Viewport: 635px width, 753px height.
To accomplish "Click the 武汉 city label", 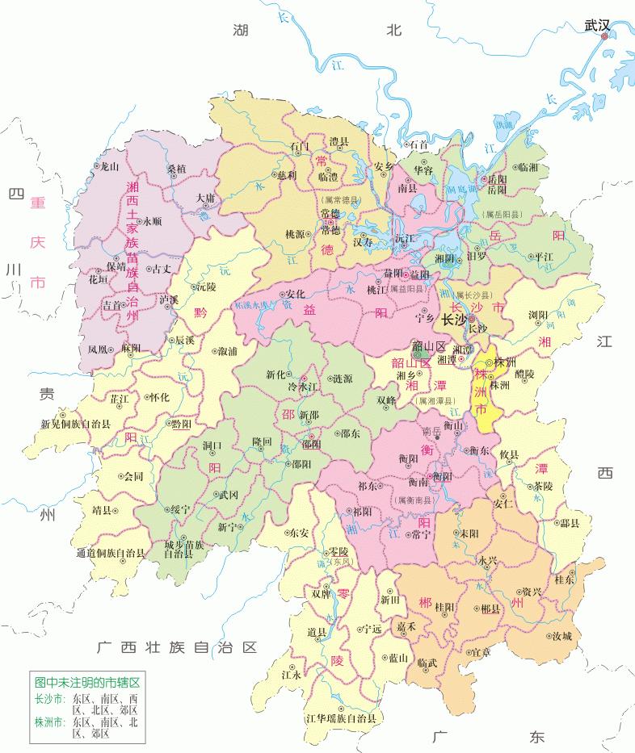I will tap(597, 26).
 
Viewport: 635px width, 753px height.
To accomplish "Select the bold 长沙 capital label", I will tap(454, 320).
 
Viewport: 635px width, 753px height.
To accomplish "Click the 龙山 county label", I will tap(107, 166).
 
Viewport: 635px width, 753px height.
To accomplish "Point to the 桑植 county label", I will tap(176, 169).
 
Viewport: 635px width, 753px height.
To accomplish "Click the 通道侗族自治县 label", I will tap(110, 553).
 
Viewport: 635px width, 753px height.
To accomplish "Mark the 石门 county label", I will tap(299, 146).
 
